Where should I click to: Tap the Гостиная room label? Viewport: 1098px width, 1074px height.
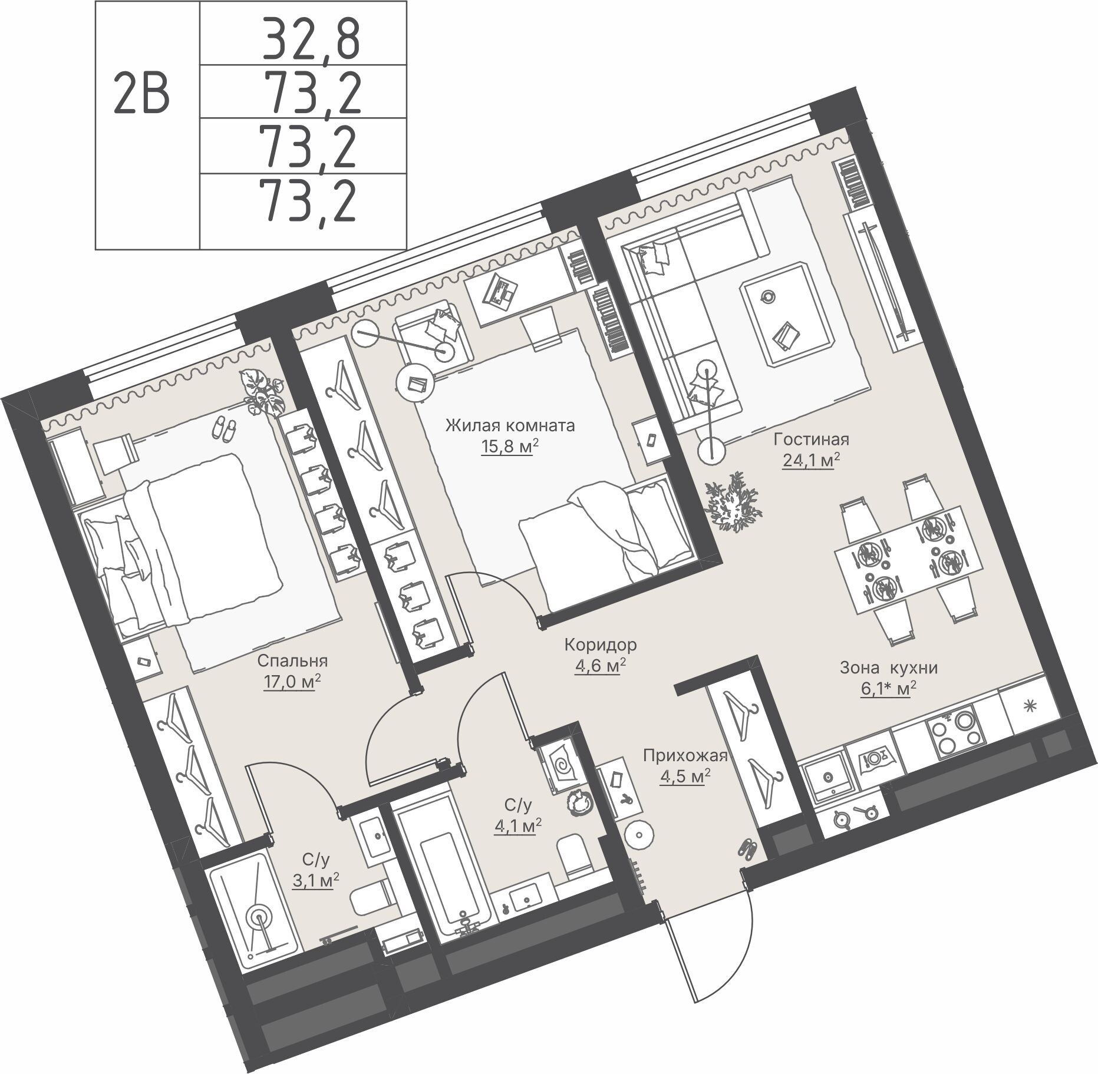coord(811,439)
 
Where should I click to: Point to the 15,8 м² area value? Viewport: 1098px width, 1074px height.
coord(510,447)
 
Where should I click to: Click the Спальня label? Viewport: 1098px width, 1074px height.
coord(292,661)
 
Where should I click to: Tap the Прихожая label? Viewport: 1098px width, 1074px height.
coord(685,756)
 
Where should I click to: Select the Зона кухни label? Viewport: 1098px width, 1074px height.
coord(888,668)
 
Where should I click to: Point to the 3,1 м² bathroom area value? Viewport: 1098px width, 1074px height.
coord(315,880)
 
